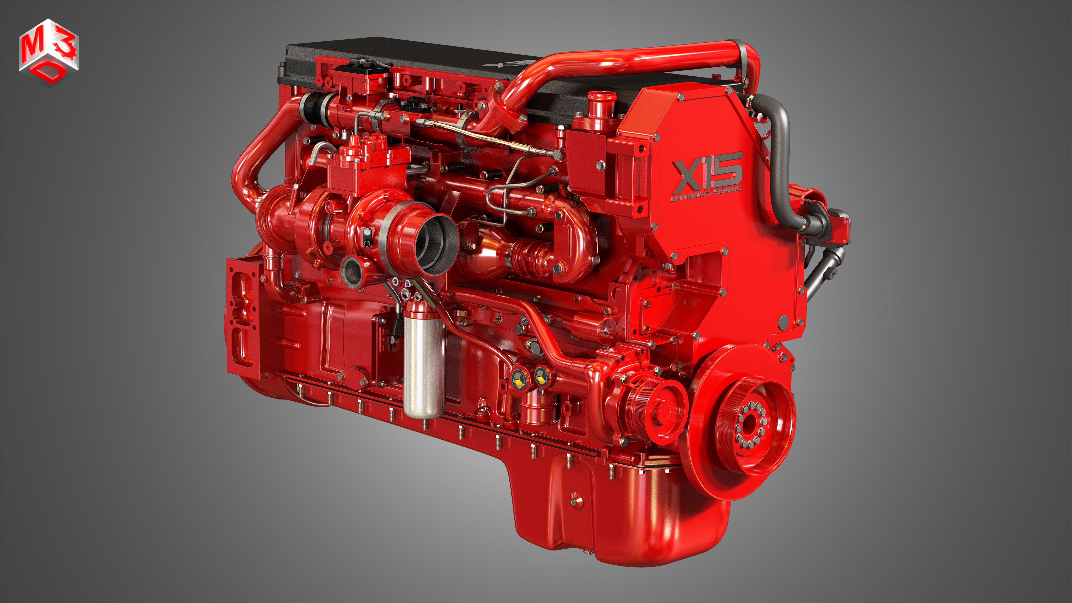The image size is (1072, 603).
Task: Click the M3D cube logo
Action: (49, 52)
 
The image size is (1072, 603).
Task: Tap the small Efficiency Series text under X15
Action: (706, 194)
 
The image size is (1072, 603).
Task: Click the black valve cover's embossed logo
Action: (508, 63)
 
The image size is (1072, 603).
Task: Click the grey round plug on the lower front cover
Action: (783, 320)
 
